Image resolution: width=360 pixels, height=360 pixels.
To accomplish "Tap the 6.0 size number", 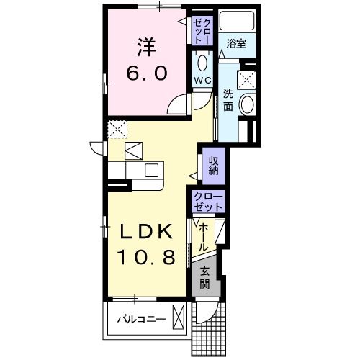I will pos(148,73).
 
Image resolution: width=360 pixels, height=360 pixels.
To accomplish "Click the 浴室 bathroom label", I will pos(236,43).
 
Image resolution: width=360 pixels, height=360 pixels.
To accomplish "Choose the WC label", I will pos(201,79).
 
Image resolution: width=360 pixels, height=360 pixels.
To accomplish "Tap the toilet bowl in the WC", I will pos(201,60).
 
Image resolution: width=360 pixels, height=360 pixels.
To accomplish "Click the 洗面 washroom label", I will pos(227,100).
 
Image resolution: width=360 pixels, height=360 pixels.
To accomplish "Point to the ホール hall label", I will pos(204,235).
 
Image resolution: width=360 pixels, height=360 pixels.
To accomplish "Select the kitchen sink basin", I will pos(152,170).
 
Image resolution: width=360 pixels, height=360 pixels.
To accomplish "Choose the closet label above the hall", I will pos(209,202).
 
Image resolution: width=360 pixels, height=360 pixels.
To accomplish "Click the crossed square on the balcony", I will pos(179,317).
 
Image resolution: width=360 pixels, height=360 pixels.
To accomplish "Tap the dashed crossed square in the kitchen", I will pos(117,130).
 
